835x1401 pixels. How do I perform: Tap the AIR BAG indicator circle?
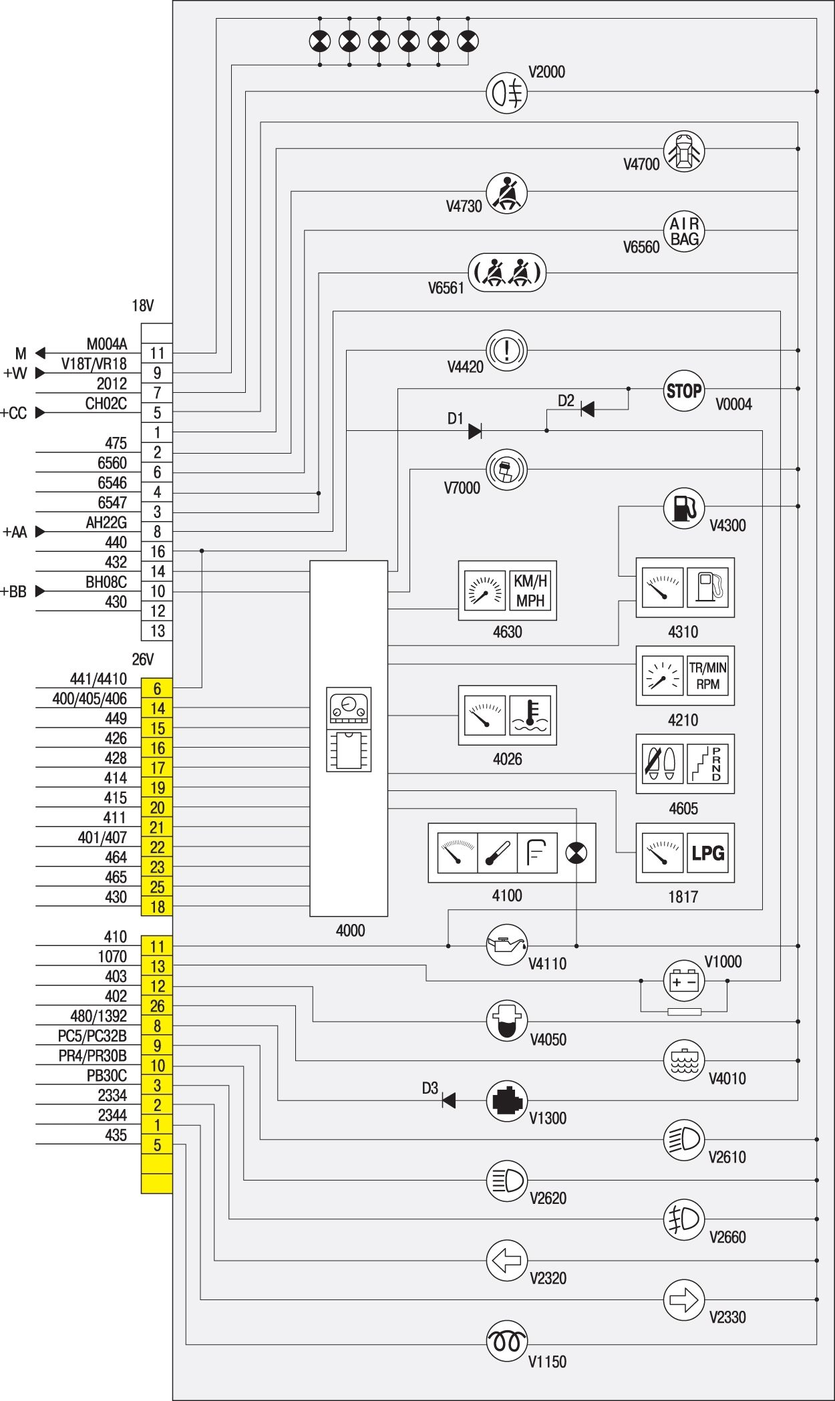coord(684,231)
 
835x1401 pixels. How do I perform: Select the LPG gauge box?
coord(685,852)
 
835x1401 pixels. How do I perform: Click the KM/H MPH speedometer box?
coord(507,591)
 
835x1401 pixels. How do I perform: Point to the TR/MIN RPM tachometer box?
coord(685,675)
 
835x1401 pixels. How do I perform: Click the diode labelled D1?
coord(475,431)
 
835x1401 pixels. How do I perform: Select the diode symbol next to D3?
coord(449,1100)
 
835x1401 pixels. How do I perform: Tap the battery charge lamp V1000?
coord(683,981)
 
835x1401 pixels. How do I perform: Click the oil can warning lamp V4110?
coord(506,946)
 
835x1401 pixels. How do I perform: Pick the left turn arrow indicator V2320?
coord(506,1260)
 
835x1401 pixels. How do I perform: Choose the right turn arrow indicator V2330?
coord(683,1299)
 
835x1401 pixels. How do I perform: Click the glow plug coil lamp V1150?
coord(506,1340)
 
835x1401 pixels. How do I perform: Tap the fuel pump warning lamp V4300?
coord(683,507)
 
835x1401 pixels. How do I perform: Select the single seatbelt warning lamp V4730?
coord(506,192)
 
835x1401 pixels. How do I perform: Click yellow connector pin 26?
coord(157,1006)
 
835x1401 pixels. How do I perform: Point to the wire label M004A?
coord(106,344)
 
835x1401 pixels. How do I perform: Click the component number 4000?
coord(350,930)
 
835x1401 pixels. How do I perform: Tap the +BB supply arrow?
coord(40,591)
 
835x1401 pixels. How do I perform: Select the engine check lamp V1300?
coord(506,1100)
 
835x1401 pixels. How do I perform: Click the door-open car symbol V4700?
coord(683,151)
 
